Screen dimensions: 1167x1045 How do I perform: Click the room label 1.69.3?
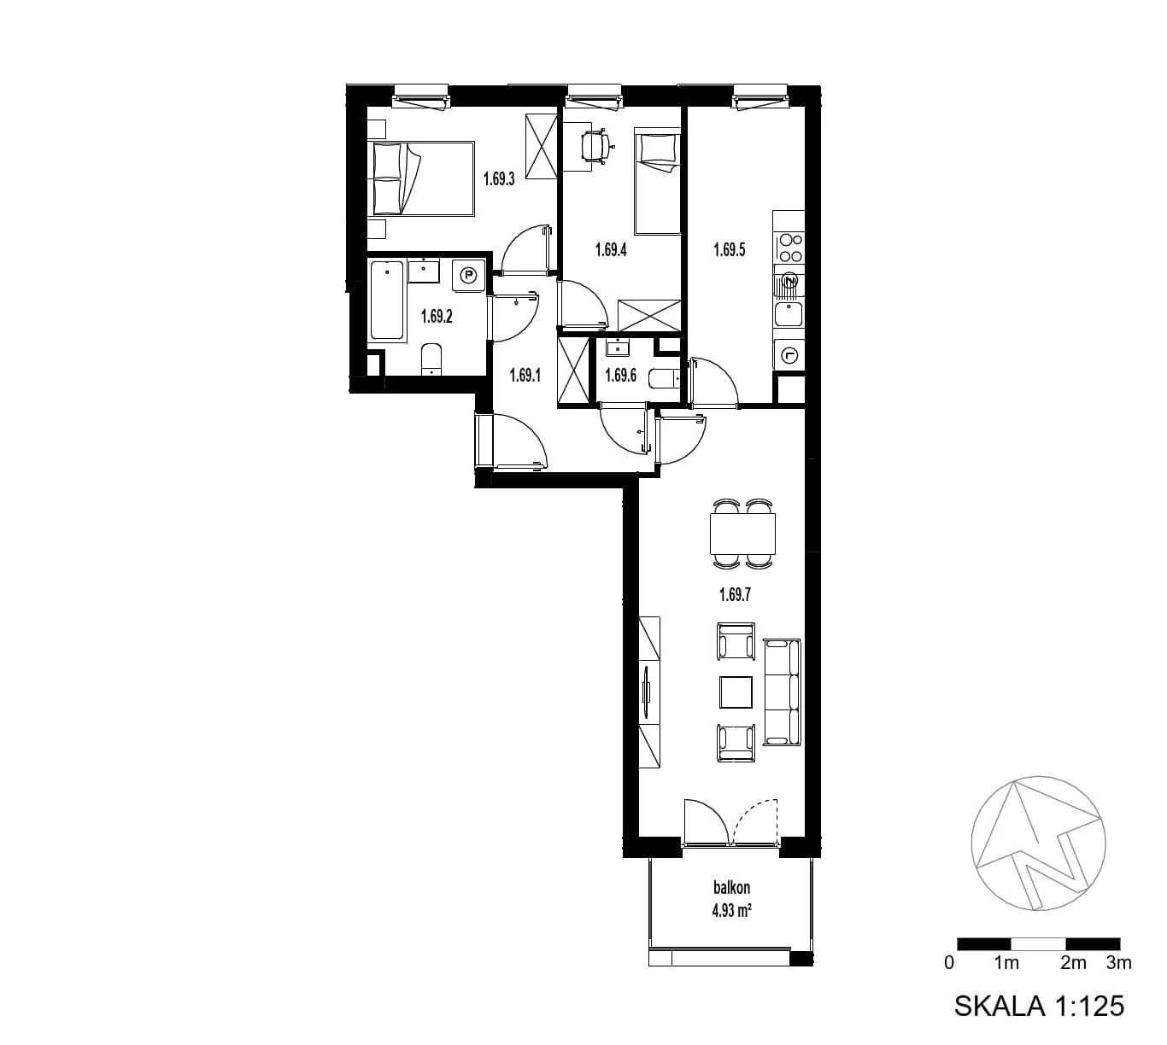[x=499, y=179]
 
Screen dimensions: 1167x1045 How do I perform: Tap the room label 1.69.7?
[x=735, y=595]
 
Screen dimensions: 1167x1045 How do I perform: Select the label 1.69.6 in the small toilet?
[x=620, y=376]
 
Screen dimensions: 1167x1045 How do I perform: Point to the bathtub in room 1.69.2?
[x=387, y=300]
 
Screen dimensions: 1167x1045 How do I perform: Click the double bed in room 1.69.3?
[x=421, y=178]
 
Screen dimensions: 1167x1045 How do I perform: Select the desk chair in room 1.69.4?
[x=596, y=147]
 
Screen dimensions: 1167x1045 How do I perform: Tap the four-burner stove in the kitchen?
[x=789, y=248]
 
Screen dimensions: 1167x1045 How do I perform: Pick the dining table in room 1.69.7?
[x=742, y=534]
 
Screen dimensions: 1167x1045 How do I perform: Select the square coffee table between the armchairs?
[x=736, y=692]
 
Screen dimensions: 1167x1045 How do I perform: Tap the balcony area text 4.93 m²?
[x=731, y=910]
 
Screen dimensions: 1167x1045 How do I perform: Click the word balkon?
[x=731, y=887]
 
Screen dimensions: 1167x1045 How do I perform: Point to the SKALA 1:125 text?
[x=1039, y=1006]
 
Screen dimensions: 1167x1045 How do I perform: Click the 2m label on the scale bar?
[x=1073, y=962]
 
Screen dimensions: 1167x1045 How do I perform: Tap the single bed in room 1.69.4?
[x=657, y=181]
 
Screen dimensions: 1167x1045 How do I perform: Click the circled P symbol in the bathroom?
[x=470, y=277]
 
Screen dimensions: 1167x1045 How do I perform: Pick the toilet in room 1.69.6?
[x=664, y=378]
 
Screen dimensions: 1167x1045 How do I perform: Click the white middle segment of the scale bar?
[x=1038, y=943]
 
